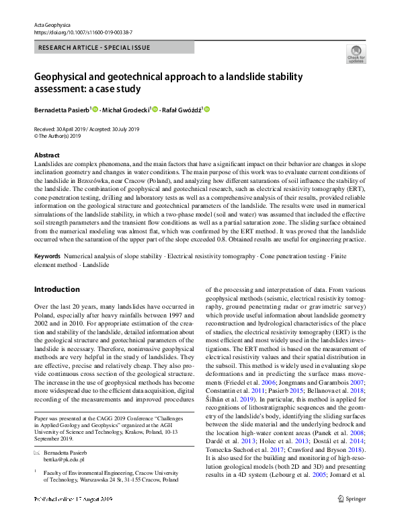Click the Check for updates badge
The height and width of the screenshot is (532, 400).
tap(356, 54)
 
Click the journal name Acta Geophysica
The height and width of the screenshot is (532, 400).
tap(52, 24)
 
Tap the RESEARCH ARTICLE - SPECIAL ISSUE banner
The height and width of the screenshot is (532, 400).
tap(94, 47)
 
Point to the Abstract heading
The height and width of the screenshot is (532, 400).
tap(46, 155)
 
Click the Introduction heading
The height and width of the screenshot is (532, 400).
tap(56, 289)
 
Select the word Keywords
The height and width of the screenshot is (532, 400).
tap(48, 257)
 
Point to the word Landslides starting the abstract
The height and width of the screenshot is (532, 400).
tap(48, 164)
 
